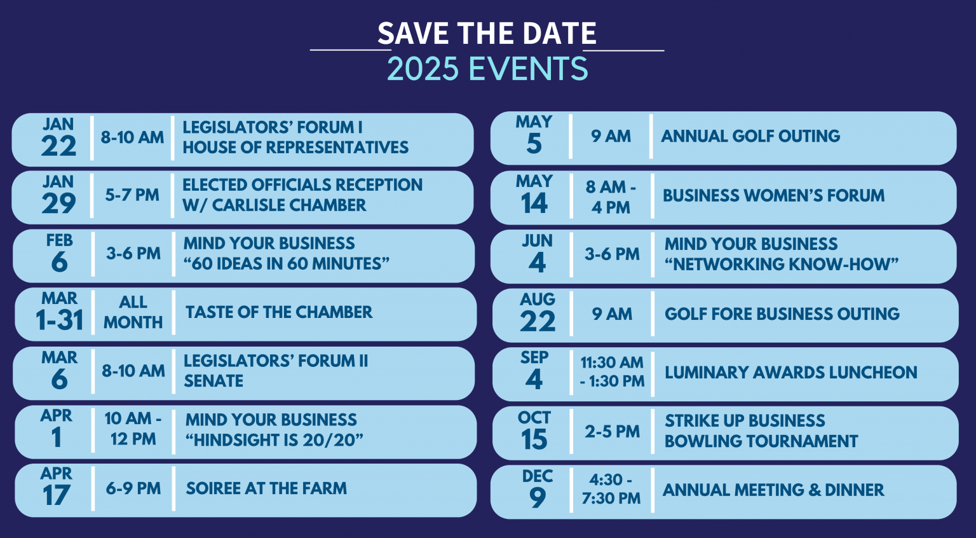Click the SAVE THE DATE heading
click(487, 34)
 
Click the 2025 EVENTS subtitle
click(487, 69)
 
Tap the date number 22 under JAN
click(58, 147)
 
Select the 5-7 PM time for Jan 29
click(132, 195)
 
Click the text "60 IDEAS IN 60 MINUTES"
click(286, 263)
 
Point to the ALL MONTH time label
click(133, 312)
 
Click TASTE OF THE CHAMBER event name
click(279, 312)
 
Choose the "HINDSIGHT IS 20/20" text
click(274, 440)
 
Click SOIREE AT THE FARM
click(266, 488)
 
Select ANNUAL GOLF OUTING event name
click(750, 136)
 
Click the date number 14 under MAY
click(534, 204)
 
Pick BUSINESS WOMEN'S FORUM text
click(773, 196)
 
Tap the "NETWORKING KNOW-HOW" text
click(782, 264)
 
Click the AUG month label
click(538, 299)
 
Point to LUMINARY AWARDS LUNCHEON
click(790, 373)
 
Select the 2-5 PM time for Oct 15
click(612, 432)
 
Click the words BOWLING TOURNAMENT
click(761, 441)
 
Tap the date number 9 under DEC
click(538, 498)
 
